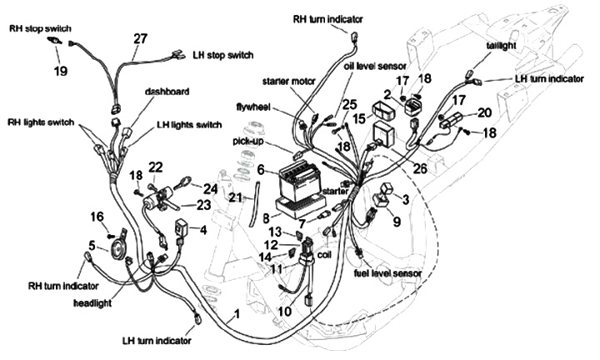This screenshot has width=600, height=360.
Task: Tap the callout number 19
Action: (61, 71)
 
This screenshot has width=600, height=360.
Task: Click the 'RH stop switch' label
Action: (41, 27)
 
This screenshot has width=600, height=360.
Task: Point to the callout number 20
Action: (483, 112)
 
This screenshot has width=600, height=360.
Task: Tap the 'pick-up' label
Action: (247, 142)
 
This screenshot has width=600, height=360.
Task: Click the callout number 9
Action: (397, 222)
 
